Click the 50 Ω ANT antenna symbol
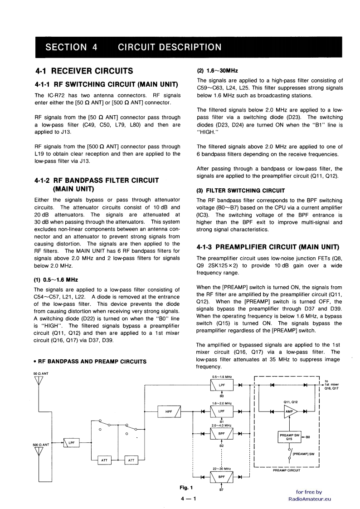click(39, 380)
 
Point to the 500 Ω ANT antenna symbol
click(39, 453)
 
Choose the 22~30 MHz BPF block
click(222, 477)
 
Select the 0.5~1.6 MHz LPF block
click(222, 385)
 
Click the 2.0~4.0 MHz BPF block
click(222, 434)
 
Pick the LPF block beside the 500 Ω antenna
click(71, 443)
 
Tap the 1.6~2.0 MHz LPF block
click(222, 411)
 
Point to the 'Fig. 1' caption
click(186, 488)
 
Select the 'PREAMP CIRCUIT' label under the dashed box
click(286, 470)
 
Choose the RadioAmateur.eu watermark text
click(310, 499)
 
